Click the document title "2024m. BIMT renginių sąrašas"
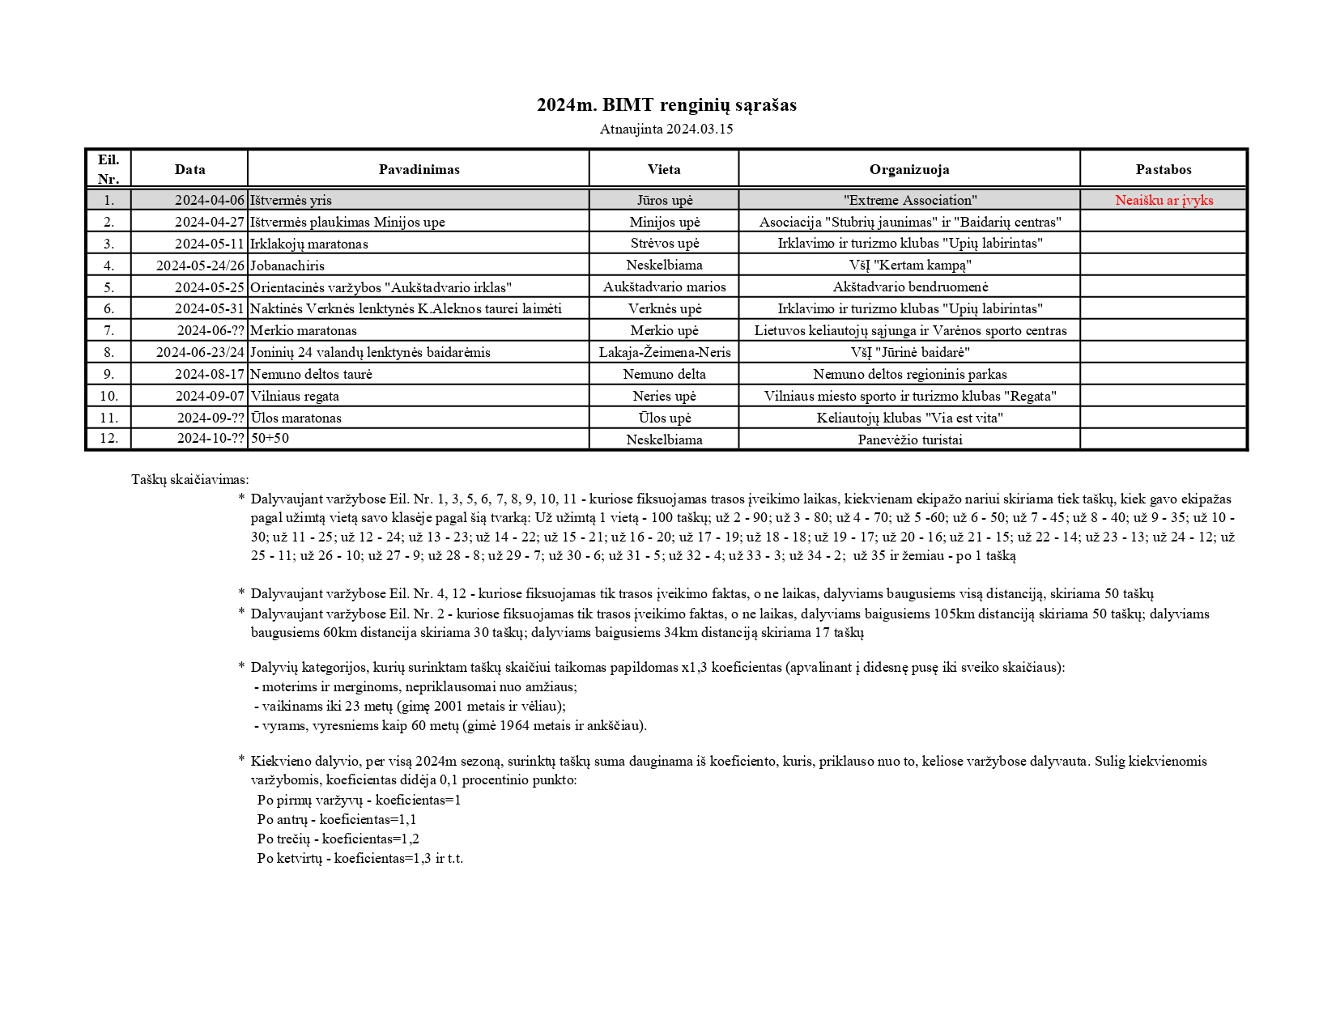[666, 105]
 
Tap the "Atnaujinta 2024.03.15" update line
[666, 129]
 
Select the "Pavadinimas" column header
[419, 169]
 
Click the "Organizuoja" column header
[909, 169]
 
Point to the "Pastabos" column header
[1164, 169]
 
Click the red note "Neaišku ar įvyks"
[1164, 200]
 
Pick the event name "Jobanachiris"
[287, 265]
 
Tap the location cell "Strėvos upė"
[665, 244]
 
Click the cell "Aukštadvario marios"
[665, 287]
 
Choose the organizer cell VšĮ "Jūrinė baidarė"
[910, 352]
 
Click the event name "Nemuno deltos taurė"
[311, 374]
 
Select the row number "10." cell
[108, 396]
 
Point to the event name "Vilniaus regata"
[295, 396]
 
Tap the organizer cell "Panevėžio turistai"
[910, 440]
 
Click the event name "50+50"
[270, 438]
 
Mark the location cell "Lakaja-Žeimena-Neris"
[665, 352]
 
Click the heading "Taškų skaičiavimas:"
[190, 479]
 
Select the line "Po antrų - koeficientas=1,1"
[337, 819]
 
